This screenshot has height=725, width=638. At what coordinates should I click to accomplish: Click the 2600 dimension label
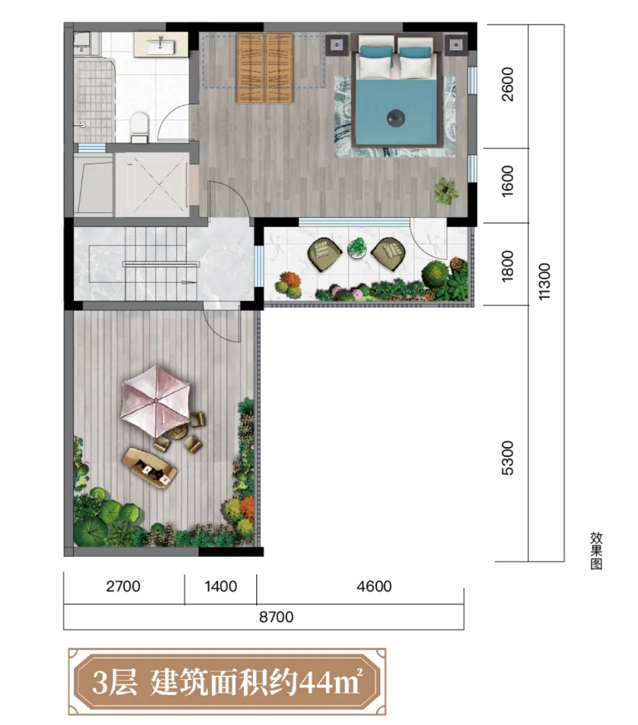click(x=507, y=84)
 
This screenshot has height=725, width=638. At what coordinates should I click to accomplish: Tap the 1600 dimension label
click(x=507, y=181)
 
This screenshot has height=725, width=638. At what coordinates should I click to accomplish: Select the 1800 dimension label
click(x=507, y=266)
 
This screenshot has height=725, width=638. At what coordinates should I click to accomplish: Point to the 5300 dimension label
click(x=507, y=458)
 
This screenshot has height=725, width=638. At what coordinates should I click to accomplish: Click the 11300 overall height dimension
click(x=544, y=281)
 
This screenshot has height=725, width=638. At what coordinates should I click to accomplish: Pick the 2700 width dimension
click(x=123, y=587)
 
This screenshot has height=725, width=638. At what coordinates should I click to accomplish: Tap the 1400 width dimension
click(x=221, y=587)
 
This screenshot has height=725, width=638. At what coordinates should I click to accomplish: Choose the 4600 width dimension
click(x=374, y=587)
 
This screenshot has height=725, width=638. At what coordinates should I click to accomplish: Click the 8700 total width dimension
click(x=276, y=617)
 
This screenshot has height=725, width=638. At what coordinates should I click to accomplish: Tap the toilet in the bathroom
click(x=139, y=128)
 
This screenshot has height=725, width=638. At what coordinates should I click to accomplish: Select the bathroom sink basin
click(x=160, y=47)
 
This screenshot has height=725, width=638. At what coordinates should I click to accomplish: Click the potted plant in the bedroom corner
click(x=446, y=191)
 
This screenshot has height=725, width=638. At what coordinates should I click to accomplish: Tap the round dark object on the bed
click(x=396, y=118)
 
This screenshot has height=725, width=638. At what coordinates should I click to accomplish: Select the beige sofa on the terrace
click(x=149, y=468)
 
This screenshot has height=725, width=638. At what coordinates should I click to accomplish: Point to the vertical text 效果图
click(x=596, y=551)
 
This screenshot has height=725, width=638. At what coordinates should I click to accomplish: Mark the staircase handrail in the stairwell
click(x=161, y=264)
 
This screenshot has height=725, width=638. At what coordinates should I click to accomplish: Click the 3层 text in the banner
click(x=115, y=682)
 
